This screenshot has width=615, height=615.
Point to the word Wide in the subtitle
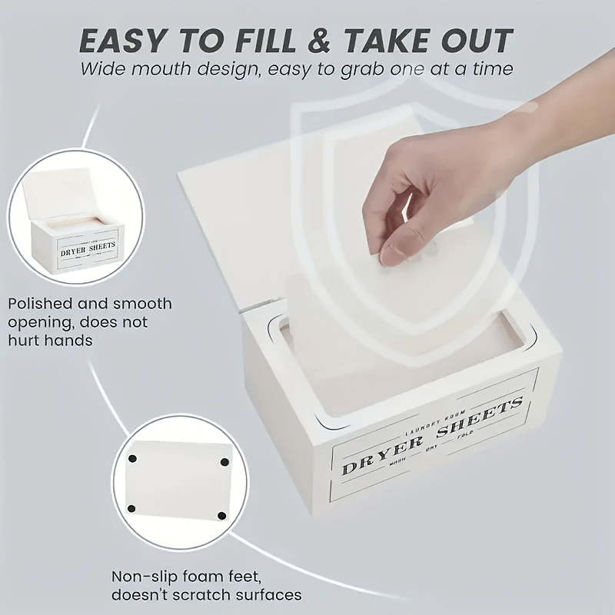[x=105, y=69]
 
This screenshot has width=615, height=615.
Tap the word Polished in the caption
[x=39, y=304]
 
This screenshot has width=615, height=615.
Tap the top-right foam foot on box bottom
[x=224, y=463]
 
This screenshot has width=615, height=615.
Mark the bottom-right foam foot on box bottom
[x=221, y=515]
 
